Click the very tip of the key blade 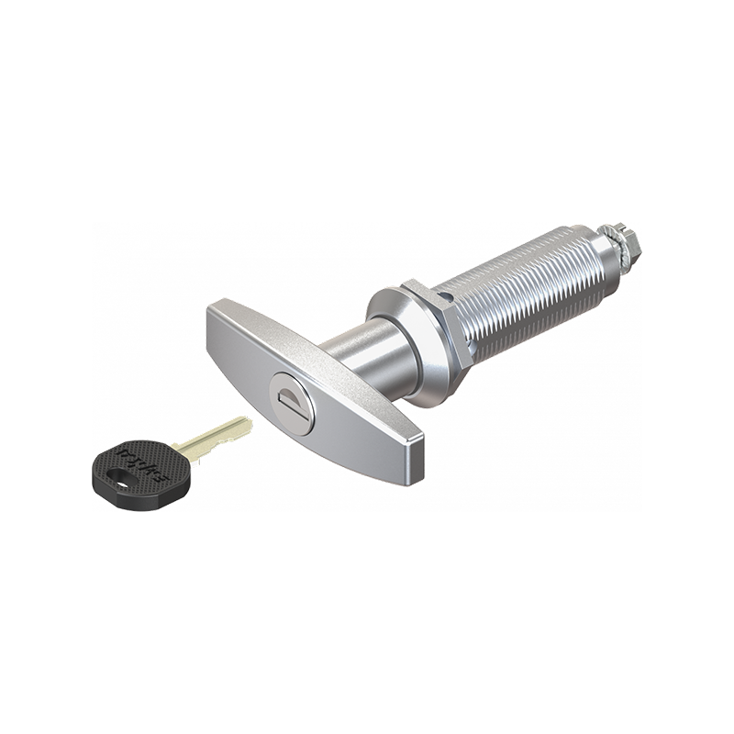click(248, 422)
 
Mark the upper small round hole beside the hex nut click(447, 296)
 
